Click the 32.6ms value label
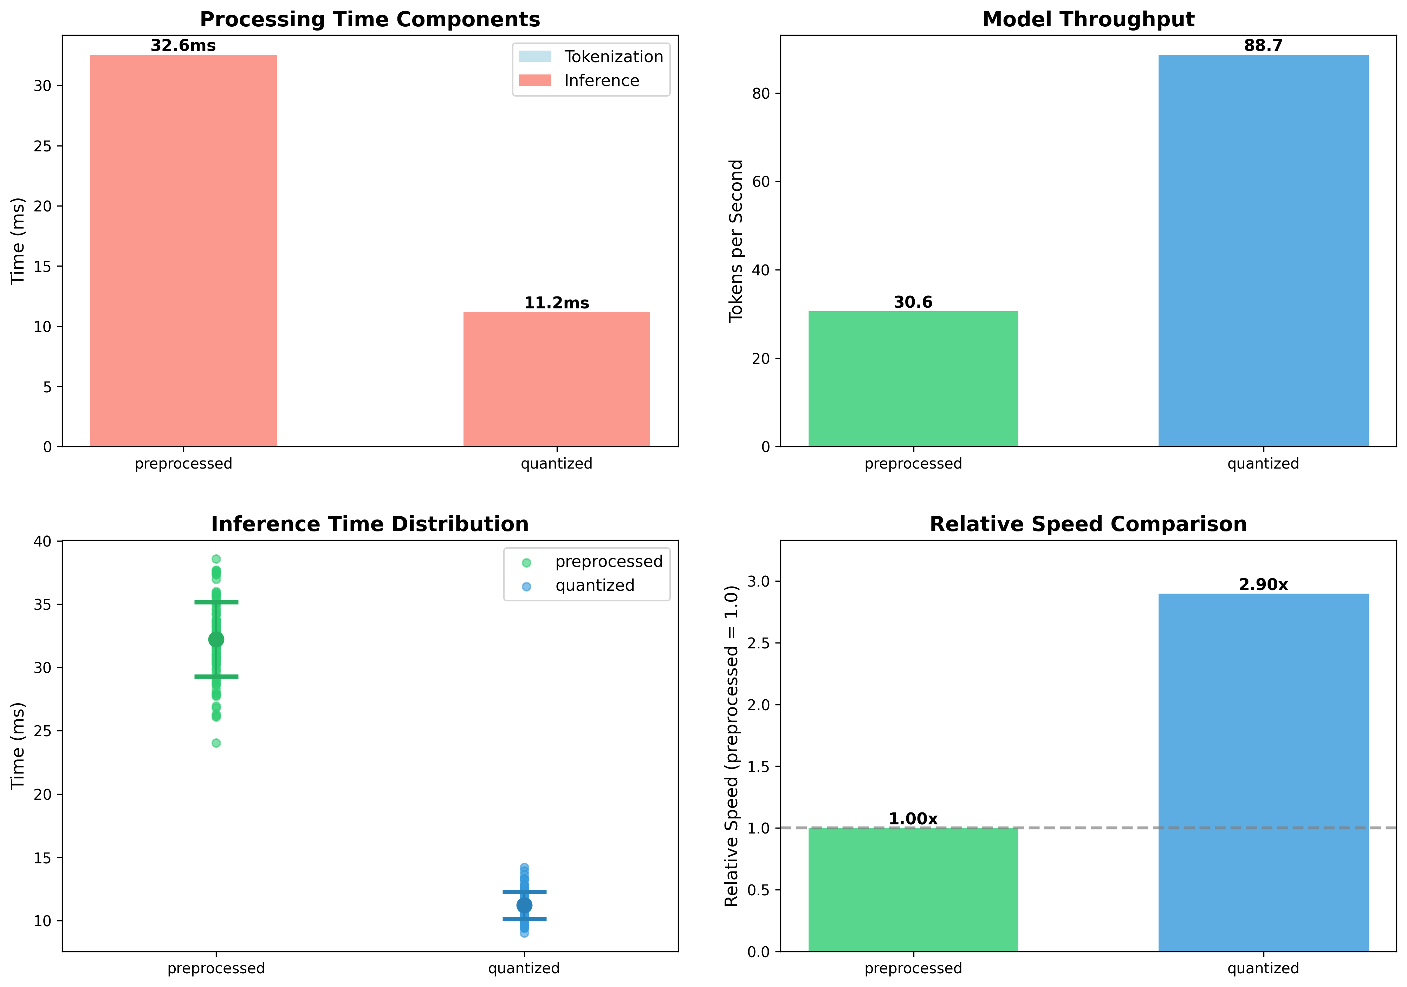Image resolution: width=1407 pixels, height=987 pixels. (x=183, y=46)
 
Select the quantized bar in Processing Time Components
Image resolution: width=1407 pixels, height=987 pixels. (x=556, y=379)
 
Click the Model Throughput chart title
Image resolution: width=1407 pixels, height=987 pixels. (x=1088, y=20)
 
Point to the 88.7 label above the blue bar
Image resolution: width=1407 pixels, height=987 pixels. (x=1263, y=46)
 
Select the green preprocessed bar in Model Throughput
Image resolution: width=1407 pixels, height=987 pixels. (x=913, y=379)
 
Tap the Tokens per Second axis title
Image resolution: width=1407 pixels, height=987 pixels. (x=736, y=241)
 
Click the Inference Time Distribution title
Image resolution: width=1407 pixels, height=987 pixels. (x=370, y=524)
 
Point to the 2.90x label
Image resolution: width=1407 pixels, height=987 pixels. (x=1263, y=585)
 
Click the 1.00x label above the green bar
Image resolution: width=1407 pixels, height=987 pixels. (x=913, y=819)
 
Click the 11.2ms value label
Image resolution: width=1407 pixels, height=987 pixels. (x=556, y=303)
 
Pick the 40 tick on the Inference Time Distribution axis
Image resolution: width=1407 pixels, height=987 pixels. (x=43, y=542)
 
